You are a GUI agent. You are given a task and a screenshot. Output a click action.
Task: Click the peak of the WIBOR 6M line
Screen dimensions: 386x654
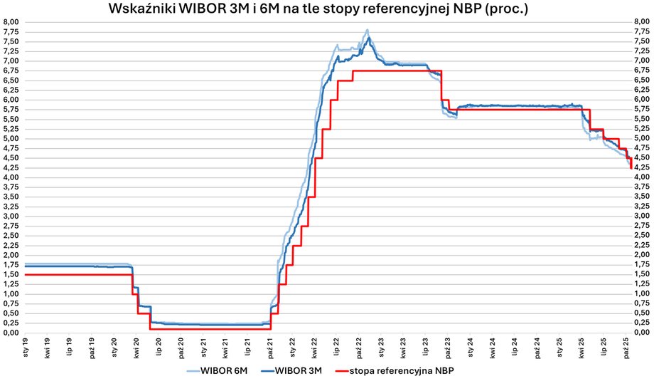(x=367, y=30)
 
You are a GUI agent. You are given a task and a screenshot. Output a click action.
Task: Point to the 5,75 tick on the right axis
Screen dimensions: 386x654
(x=642, y=109)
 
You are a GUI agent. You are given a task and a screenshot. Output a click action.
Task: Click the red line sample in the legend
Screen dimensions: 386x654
(x=353, y=371)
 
